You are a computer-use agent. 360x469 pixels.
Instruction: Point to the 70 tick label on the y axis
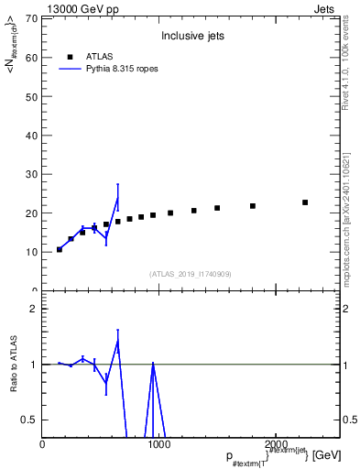31,18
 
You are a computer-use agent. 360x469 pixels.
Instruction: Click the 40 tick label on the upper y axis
31,135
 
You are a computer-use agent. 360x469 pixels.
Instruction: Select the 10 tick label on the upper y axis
31,252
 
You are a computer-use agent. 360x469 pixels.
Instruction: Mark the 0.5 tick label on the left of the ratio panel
28,420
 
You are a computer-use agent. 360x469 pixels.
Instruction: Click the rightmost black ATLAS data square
305,202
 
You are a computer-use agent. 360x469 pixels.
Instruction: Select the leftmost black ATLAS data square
60,249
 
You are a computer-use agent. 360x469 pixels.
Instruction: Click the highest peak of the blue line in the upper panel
117,199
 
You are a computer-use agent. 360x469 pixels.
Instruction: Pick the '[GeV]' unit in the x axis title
328,455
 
